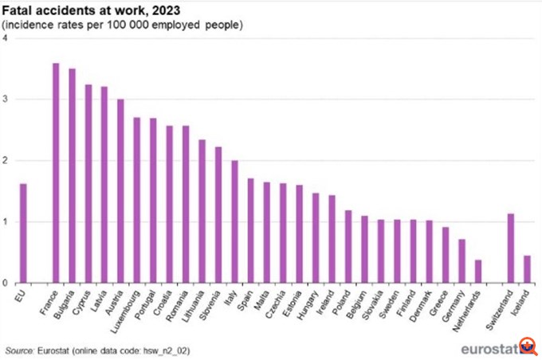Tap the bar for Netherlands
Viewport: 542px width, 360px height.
tap(478, 271)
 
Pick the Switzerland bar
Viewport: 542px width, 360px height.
tap(511, 248)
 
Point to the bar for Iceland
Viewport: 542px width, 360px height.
tap(527, 268)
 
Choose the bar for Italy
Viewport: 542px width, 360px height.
tap(234, 221)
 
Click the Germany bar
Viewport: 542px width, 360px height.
tap(461, 260)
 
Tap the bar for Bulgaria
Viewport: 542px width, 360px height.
tap(72, 175)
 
